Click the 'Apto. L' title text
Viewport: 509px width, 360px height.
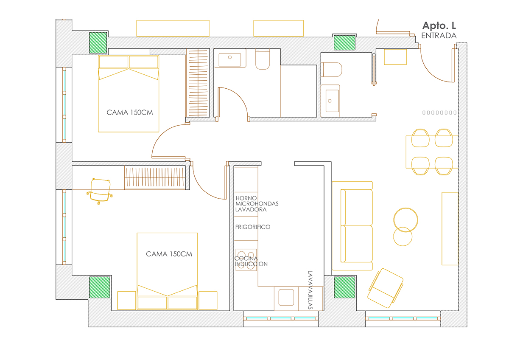439,26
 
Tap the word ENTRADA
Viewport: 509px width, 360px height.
439,36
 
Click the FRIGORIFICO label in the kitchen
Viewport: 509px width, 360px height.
253,227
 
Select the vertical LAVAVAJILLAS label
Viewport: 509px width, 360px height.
310,290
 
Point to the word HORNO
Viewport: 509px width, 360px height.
246,198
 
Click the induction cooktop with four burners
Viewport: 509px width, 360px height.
246,260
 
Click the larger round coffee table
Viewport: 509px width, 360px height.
406,219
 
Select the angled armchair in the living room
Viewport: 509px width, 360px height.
385,288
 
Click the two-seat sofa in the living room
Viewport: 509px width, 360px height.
352,225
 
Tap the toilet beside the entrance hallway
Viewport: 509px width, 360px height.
332,70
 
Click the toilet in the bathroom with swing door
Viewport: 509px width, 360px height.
263,59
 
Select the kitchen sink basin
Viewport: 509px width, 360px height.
286,297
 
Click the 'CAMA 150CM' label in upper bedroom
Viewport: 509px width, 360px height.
130,112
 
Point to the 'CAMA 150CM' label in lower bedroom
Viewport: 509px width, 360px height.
169,254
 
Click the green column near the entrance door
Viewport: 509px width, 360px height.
344,42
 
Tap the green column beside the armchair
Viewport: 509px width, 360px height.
344,287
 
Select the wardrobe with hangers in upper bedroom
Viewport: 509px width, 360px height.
198,82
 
